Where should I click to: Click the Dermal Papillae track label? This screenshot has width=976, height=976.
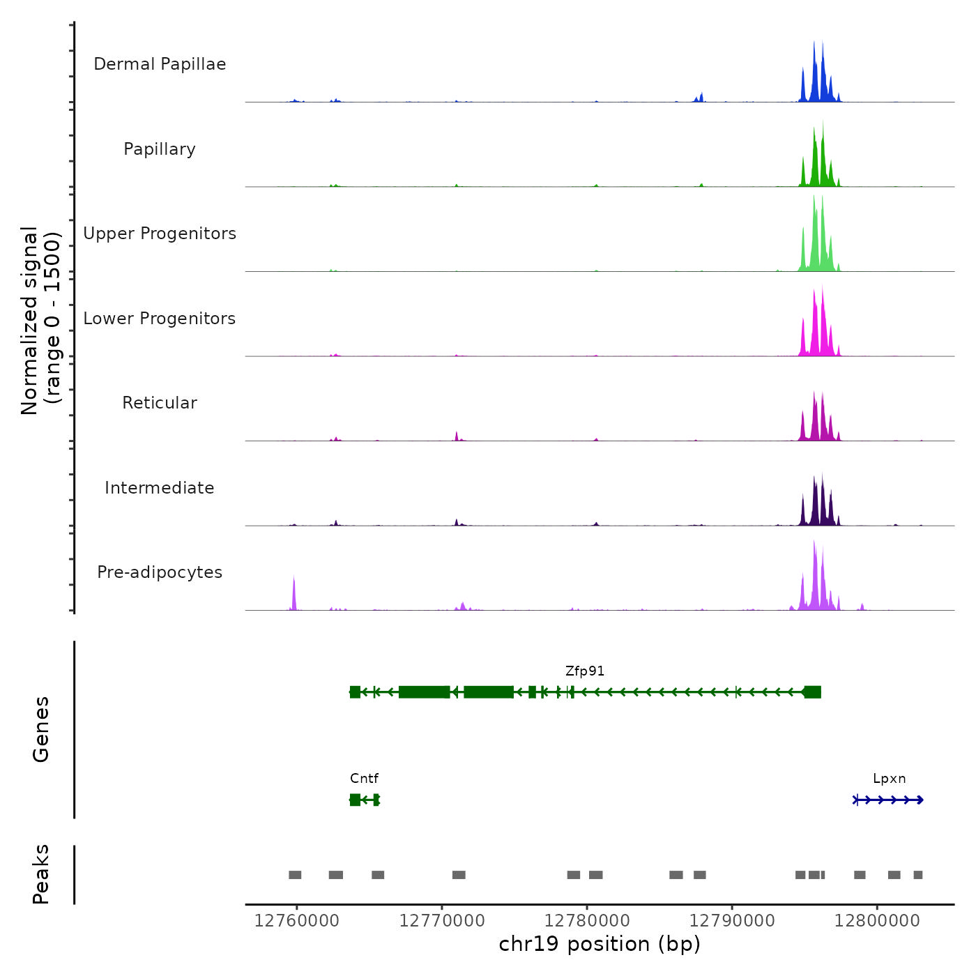coord(160,64)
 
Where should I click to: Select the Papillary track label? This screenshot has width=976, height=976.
coord(160,149)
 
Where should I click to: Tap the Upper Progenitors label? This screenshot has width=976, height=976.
coord(160,234)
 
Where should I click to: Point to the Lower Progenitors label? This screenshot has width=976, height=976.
coord(160,319)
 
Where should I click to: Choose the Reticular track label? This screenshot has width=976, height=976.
coord(160,403)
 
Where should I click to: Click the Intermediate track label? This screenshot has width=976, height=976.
coord(160,488)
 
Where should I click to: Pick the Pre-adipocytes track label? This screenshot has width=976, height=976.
coord(160,572)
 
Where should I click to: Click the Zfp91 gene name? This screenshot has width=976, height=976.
coord(585,671)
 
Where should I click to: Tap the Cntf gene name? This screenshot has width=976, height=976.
coord(364,778)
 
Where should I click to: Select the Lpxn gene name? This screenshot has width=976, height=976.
coord(889,778)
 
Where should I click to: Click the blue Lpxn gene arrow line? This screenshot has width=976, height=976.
coord(889,800)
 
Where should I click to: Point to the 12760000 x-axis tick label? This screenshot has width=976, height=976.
coord(296,921)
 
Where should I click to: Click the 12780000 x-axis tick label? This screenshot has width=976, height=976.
coord(587,921)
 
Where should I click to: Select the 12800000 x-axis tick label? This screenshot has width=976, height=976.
coord(877,921)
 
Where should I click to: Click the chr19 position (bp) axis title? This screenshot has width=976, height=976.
coord(600,944)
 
